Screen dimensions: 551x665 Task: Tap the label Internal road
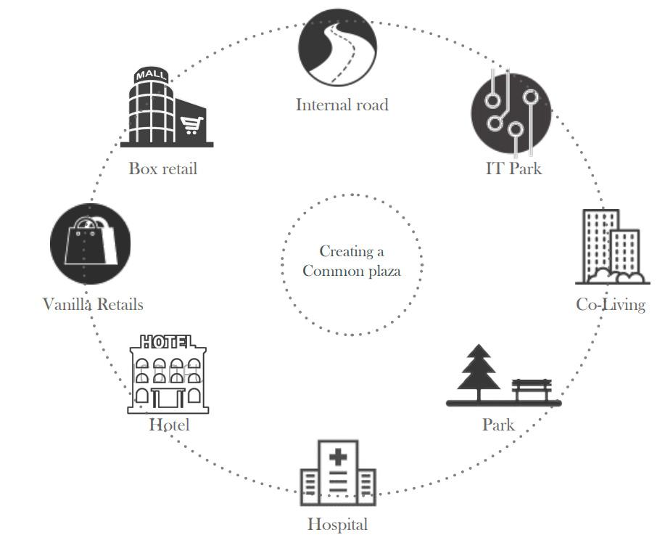point(342,105)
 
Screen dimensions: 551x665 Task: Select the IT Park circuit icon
point(511,112)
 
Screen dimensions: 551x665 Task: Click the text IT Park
point(513,168)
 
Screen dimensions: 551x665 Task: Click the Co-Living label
point(611,304)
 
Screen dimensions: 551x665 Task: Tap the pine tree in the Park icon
point(479,370)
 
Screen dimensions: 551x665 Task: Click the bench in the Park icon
point(532,388)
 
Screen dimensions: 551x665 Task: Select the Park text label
point(498,424)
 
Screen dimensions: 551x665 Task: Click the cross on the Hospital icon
point(338,457)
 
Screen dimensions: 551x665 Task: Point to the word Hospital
point(337,524)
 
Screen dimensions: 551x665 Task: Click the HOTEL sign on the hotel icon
point(168,341)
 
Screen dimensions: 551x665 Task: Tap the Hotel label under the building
point(169,424)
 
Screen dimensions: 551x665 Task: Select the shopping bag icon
point(90,244)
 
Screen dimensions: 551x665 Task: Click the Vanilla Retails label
point(93,304)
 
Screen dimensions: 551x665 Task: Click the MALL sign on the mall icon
point(152,75)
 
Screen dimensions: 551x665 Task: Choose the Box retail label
point(162,168)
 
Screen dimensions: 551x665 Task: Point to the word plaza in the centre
point(380,271)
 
